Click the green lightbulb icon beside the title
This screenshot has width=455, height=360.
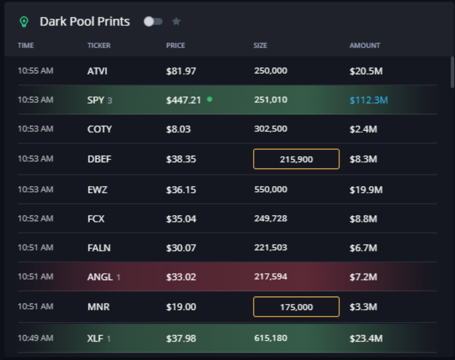coord(24,22)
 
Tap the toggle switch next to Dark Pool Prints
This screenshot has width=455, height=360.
coord(153,22)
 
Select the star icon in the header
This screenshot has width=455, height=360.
coord(176,21)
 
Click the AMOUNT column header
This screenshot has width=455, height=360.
coord(364,45)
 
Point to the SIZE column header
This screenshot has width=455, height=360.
coord(260,45)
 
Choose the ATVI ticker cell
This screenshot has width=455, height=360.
coord(97,71)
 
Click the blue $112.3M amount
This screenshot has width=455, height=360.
coord(368,100)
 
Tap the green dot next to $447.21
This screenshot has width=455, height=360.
coord(210,99)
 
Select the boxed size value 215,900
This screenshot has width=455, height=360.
coord(296,159)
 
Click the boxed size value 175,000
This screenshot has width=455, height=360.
coord(296,307)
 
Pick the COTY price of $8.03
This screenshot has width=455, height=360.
coord(178,129)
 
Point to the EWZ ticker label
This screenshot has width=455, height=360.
coord(97,190)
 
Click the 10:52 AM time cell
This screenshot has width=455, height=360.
coord(35,219)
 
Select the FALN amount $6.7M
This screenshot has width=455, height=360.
coord(363,248)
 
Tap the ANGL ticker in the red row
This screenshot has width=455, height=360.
coord(100,277)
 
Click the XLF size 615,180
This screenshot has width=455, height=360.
coord(270,338)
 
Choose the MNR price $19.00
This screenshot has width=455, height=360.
coord(181,307)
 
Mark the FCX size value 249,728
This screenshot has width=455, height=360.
coord(270,219)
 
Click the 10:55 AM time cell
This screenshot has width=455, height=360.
coord(35,71)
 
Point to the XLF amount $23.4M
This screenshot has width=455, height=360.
coord(366,339)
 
